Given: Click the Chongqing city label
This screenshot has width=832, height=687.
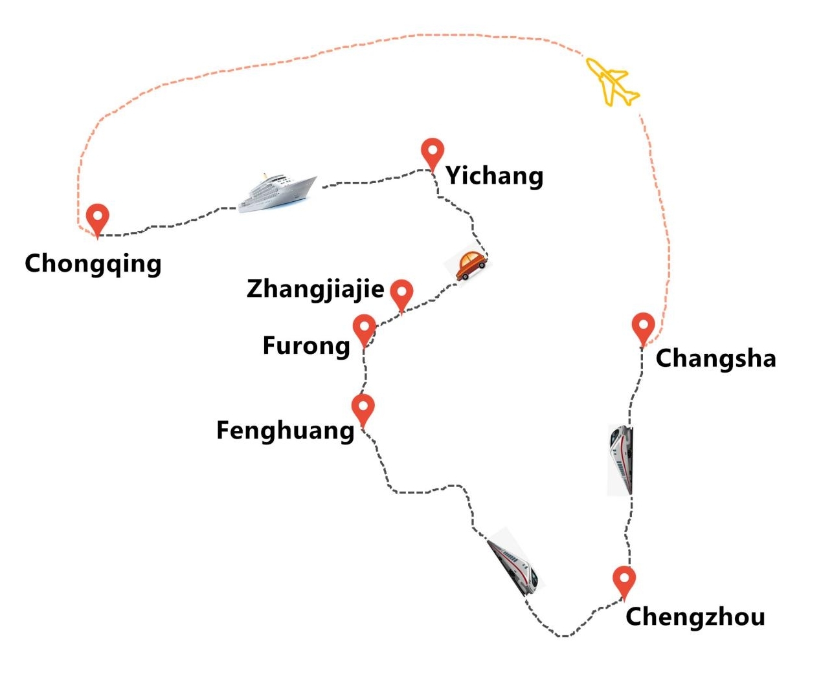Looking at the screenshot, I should coord(93,264).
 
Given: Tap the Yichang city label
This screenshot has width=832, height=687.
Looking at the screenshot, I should coord(494,175).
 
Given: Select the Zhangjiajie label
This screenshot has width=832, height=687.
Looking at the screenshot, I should coord(315,289).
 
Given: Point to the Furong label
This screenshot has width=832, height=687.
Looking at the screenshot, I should coord(306,345).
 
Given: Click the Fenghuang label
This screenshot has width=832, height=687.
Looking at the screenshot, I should coord(285,430).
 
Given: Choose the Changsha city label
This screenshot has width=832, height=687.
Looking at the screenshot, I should coord(715,358).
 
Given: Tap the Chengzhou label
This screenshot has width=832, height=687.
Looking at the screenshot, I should coord(695,616).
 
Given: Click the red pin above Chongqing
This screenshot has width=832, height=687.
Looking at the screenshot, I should coord(98,218).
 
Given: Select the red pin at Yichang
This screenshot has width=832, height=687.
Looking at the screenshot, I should coord(432,153).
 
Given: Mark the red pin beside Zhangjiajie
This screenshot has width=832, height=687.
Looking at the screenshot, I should coord(401,293).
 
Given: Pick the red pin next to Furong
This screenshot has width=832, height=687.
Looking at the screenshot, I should coord(365,328).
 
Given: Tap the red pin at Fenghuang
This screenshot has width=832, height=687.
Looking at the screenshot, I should coord(363,408).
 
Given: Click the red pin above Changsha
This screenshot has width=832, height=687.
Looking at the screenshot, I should coord(643,327).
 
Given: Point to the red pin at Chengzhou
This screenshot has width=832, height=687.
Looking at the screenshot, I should coord(624,580).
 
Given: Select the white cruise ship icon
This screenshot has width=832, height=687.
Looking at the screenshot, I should coord(277,192).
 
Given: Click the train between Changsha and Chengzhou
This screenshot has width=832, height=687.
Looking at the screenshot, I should coord(621,459).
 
